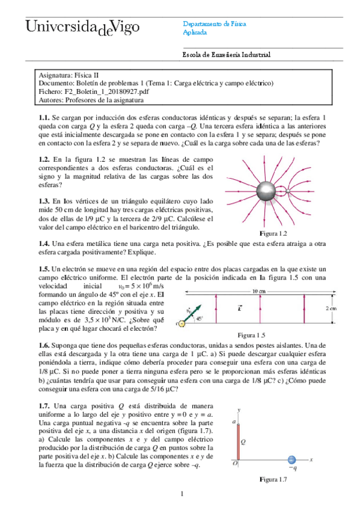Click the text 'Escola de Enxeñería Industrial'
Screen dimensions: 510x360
227,55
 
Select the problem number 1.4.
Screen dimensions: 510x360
42,244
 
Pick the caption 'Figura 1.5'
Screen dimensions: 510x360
251,335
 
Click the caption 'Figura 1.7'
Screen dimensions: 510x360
274,479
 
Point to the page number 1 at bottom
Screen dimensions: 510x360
181,494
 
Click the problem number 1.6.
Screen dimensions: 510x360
42,345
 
